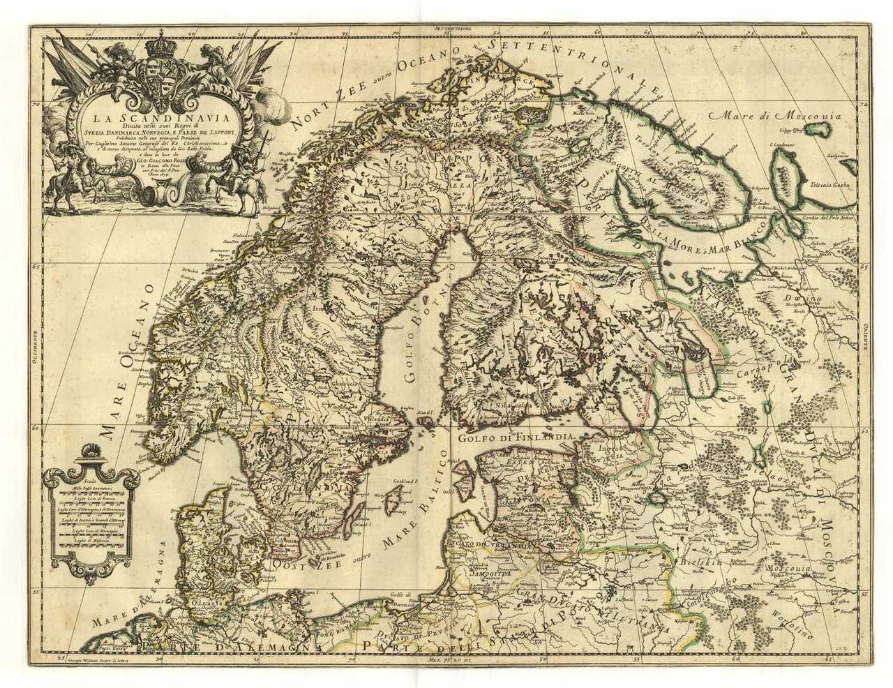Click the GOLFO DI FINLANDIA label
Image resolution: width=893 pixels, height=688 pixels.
(x=516, y=436)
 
